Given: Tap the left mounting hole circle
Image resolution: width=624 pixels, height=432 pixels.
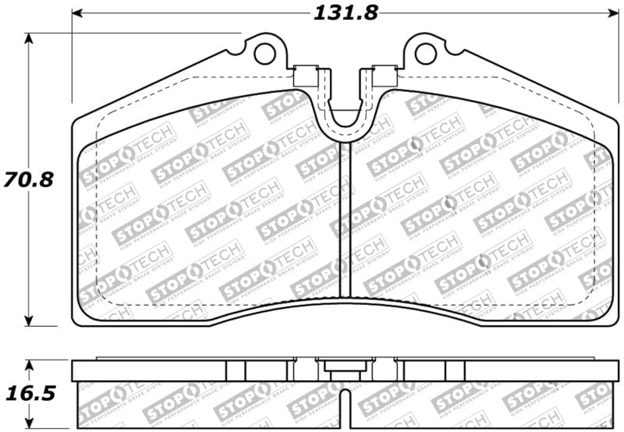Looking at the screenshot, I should [x=265, y=53].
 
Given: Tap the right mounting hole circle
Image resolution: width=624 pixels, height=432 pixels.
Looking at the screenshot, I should [x=425, y=53].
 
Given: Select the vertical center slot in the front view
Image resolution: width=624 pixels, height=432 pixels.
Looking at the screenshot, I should [x=346, y=218].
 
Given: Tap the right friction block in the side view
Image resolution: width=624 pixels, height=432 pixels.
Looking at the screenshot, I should [x=484, y=405].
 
